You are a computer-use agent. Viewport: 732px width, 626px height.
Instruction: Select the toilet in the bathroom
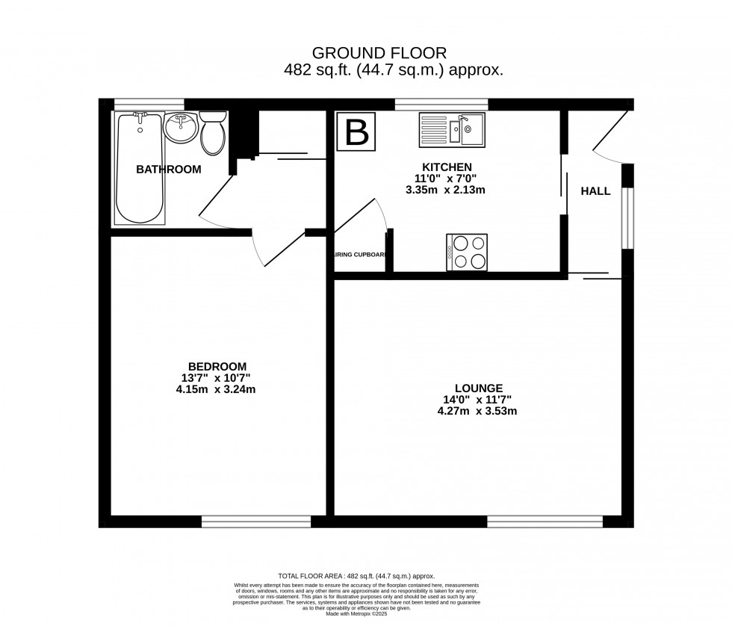coord(214,132)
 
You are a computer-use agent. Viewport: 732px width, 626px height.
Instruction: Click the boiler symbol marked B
coord(357,132)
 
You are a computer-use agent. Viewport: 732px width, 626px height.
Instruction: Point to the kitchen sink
coord(451,128)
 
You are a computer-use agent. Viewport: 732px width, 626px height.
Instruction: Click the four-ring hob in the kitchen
coord(467,252)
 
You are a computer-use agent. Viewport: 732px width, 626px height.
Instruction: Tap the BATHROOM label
coord(168,170)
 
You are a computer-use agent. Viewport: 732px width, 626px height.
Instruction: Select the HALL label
coord(595,191)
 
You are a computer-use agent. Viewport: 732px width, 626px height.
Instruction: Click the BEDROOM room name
coord(217,366)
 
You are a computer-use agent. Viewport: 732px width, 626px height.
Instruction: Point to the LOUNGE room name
coord(482,388)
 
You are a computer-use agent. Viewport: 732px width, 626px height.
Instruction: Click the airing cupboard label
coord(360,255)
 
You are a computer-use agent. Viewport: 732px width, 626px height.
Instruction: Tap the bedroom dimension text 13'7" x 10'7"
coord(217,377)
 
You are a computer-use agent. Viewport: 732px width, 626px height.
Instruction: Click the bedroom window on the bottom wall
coord(255,521)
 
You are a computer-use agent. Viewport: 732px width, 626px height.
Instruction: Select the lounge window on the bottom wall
coord(545,521)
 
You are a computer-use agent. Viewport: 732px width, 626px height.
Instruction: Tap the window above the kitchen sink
coord(441,104)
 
